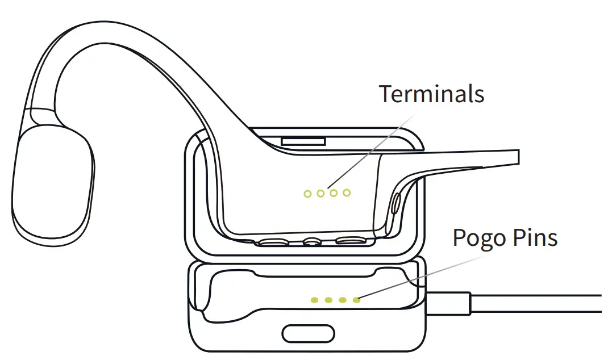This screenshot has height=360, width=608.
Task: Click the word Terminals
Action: (431, 94)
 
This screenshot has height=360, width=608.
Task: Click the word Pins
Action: (534, 238)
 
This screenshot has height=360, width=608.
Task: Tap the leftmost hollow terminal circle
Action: (307, 194)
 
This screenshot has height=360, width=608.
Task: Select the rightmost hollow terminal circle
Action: (347, 193)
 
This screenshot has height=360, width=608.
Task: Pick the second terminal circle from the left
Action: (320, 194)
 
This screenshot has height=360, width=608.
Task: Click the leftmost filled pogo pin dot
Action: (314, 300)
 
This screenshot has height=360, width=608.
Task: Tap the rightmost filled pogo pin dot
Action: (356, 300)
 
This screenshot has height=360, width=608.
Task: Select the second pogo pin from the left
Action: (328, 300)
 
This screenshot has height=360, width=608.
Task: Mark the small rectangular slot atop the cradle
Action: (303, 140)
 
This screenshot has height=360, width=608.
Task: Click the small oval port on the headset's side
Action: (395, 203)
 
